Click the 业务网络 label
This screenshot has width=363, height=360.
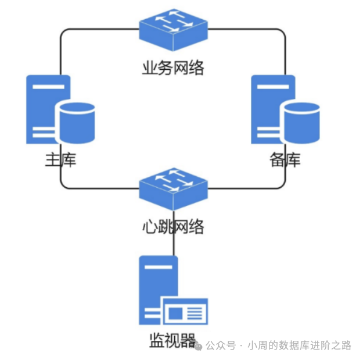173,68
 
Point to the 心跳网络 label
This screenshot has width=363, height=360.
173,226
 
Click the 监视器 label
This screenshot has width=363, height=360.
172,341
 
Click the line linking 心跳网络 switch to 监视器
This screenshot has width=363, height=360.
173,244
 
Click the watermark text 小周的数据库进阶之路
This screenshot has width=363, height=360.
299,345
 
